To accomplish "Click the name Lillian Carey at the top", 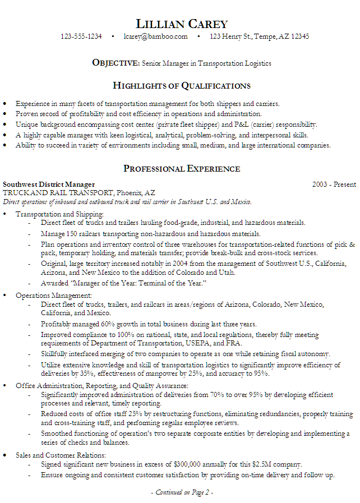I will coord(182,24).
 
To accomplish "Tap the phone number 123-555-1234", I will coord(81,36).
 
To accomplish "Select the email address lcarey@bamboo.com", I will coord(156,36).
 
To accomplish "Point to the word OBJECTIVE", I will coord(115,63).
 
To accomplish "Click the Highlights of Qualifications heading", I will coord(182,86).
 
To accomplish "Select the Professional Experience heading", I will coord(182,169).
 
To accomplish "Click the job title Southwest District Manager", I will coord(49,184).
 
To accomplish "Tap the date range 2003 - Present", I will coord(334,184).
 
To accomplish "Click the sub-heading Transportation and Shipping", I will coord(59,214).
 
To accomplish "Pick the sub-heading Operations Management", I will coord(54,295).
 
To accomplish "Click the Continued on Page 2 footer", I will coord(182,492).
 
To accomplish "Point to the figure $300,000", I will coord(191,464).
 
